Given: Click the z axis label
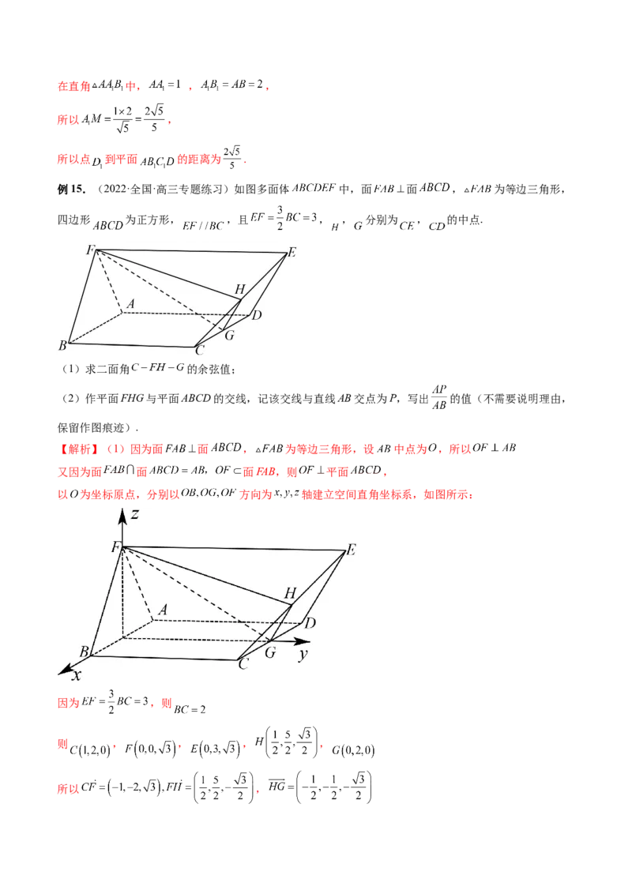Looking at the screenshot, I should (x=136, y=515).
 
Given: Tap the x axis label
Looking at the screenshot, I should (x=77, y=675).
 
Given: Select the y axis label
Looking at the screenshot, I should (x=303, y=655).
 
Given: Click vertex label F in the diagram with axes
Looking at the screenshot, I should (x=115, y=547).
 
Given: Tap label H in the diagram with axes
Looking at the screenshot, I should (x=290, y=593).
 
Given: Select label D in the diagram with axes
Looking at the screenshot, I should (x=310, y=623).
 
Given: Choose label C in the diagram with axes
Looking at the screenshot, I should (x=243, y=665).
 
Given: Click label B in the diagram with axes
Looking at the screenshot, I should (x=84, y=652).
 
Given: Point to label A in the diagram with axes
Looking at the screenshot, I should (x=163, y=609).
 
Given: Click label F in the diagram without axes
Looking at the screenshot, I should (x=90, y=251).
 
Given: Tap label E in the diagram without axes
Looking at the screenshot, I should (x=292, y=253).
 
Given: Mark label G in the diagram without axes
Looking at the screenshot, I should (x=230, y=336).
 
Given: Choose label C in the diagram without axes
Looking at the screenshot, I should (x=200, y=350).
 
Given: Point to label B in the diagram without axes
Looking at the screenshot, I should (x=62, y=345).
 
